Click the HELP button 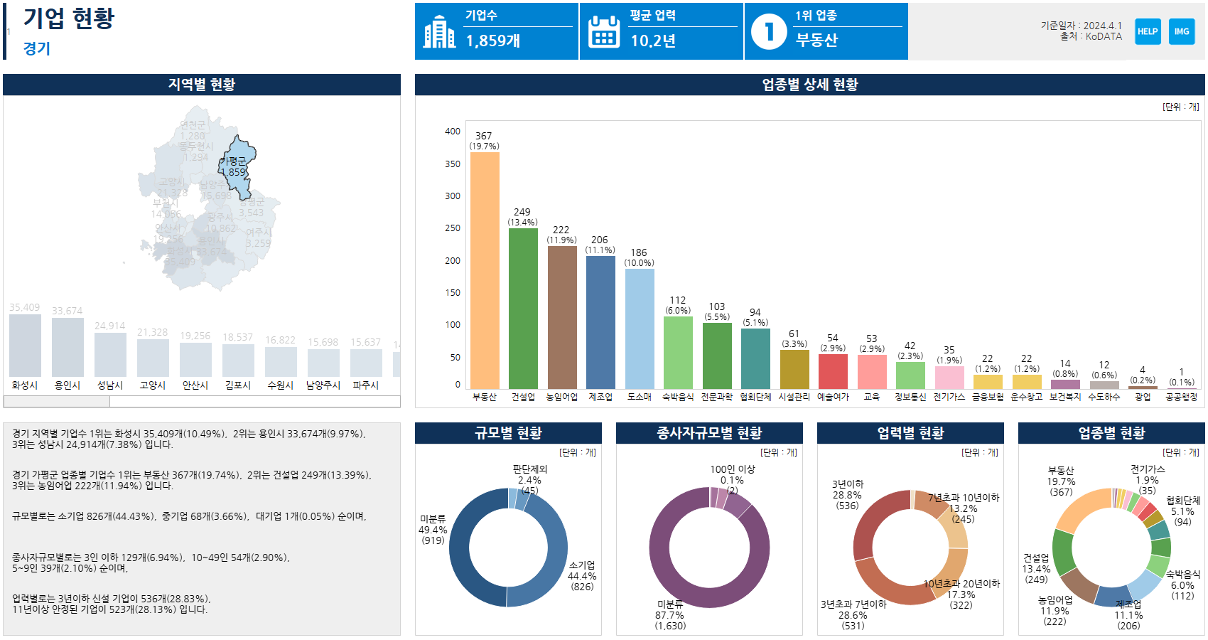[x=1148, y=31]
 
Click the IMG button [x=1182, y=31]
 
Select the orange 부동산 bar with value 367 [x=485, y=270]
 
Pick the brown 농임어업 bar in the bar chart [x=562, y=317]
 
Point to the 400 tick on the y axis [x=453, y=132]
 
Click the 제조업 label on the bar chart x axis [x=600, y=397]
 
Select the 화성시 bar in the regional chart [x=25, y=346]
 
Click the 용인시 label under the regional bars [x=68, y=385]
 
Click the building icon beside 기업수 [x=439, y=32]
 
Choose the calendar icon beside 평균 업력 [x=604, y=32]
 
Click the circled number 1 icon [x=769, y=32]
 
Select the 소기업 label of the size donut [x=582, y=565]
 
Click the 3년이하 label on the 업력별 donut [x=848, y=484]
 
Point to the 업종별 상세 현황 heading [x=810, y=85]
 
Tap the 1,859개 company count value [x=493, y=41]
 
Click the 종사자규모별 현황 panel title [x=709, y=433]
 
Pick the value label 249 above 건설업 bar [x=522, y=212]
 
